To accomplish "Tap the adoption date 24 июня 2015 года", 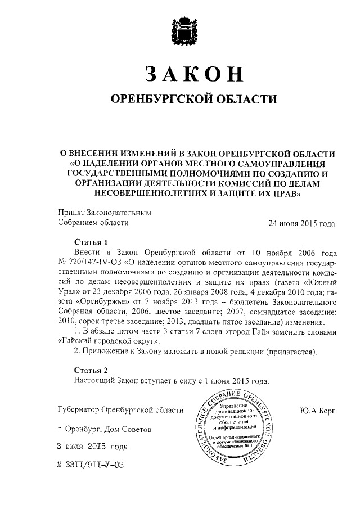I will [302, 223].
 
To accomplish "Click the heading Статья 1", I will [91, 242].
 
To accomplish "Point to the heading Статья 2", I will [91, 370].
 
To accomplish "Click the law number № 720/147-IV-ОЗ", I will [89, 262].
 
